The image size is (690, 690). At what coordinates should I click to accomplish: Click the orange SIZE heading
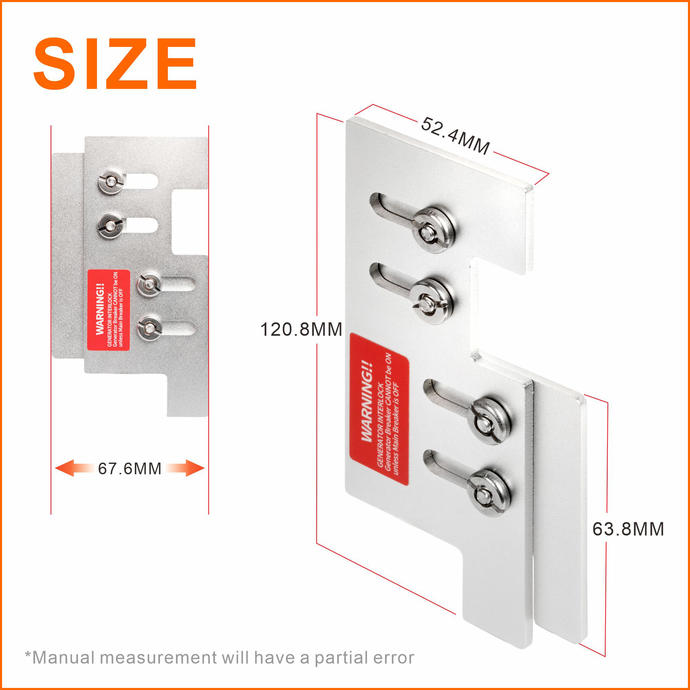pos(115,63)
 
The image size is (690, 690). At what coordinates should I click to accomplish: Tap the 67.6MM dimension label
pos(130,469)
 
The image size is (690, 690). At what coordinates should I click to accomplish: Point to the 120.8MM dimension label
pos(301,329)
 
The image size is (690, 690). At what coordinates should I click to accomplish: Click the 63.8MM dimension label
pos(628,529)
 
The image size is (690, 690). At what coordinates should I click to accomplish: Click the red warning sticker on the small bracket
pos(109,310)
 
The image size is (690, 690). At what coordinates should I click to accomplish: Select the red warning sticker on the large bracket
pos(379,409)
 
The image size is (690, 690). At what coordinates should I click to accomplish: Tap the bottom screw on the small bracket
pos(150,327)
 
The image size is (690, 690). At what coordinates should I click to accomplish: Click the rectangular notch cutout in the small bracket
pos(190,222)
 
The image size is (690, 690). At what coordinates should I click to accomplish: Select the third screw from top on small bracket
pos(150,285)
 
